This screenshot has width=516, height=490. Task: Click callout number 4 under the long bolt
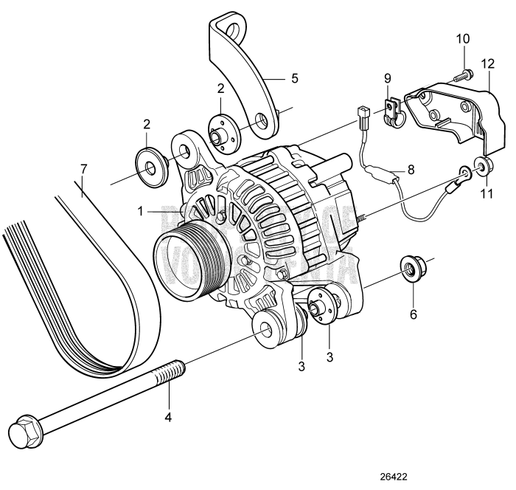coord(168,417)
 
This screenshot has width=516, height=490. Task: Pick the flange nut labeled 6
coord(408,266)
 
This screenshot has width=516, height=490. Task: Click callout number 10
coord(462,38)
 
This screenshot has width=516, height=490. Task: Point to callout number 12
coord(487,63)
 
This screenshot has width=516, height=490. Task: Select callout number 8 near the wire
coord(411,168)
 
